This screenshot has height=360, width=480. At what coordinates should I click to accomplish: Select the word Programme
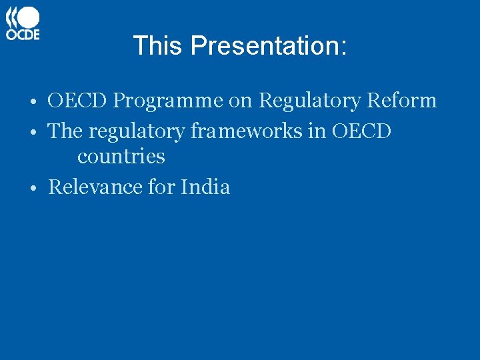point(168,101)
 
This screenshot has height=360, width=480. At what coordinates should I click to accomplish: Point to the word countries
point(121,157)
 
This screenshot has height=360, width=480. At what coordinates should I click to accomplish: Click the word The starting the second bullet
point(65,131)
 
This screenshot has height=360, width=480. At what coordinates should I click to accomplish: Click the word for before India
point(161,187)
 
